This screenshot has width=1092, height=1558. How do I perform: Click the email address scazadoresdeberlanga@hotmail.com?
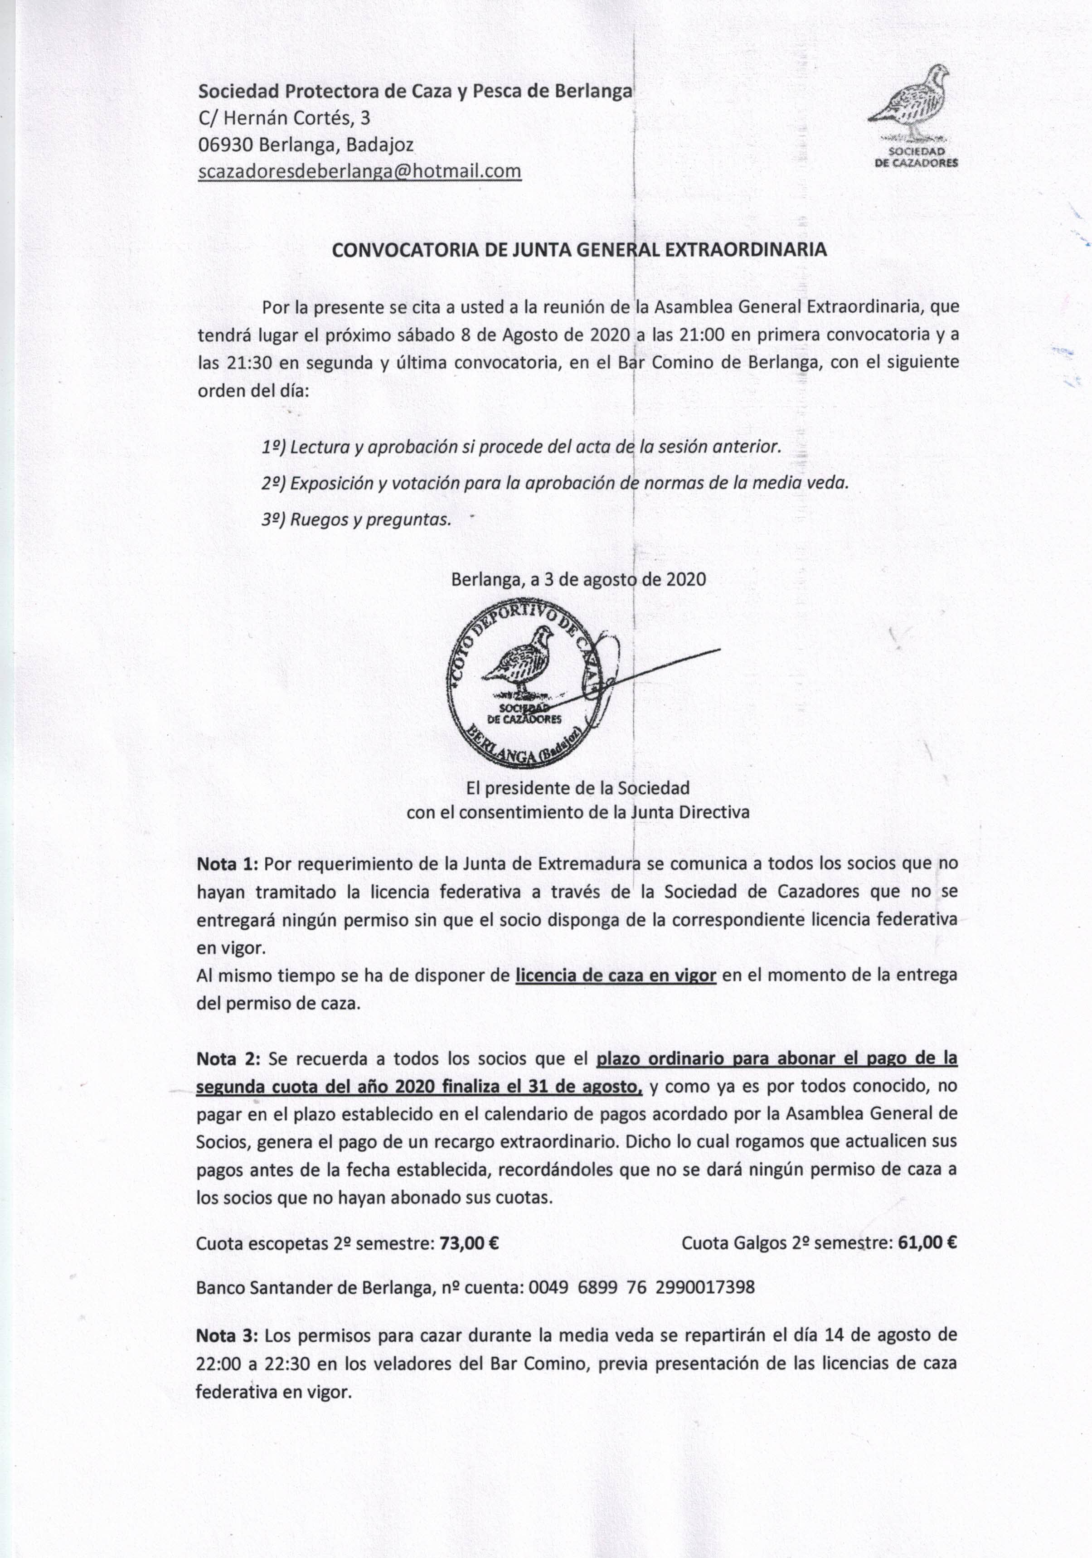click(359, 171)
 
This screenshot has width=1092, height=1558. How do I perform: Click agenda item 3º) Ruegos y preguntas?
click(357, 520)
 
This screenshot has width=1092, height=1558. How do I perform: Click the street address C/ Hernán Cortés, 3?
click(284, 118)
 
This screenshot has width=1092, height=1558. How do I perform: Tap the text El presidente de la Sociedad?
click(578, 788)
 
